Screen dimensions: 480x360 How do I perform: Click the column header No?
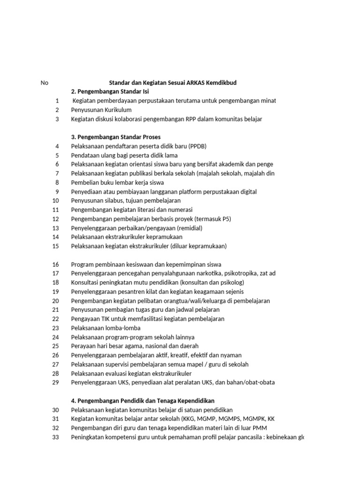pyautogui.click(x=45, y=83)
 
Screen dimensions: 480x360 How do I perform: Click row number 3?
pyautogui.click(x=57, y=119)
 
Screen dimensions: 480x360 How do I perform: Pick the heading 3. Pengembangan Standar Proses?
pyautogui.click(x=116, y=137)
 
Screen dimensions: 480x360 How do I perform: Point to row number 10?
pyautogui.click(x=56, y=201)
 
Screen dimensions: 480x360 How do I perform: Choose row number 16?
pyautogui.click(x=56, y=264)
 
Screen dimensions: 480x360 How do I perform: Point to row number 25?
pyautogui.click(x=56, y=346)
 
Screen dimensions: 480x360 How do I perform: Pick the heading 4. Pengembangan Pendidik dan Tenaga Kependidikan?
pyautogui.click(x=142, y=401)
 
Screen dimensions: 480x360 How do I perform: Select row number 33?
pyautogui.click(x=56, y=437)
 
